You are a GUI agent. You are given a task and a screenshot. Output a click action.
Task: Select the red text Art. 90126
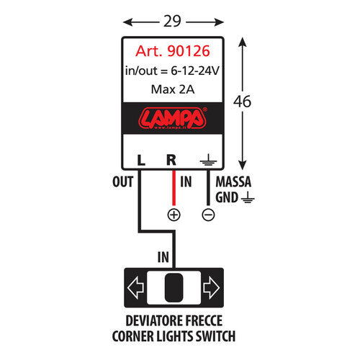tap(171, 52)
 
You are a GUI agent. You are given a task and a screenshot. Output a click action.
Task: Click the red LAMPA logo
tap(171, 117)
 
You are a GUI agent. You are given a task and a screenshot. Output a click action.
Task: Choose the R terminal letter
tap(171, 160)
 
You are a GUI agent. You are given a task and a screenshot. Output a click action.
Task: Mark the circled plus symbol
tap(173, 214)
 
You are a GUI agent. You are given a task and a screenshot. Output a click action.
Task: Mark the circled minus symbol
tap(208, 214)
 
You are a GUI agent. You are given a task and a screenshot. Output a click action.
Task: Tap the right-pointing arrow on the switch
tap(210, 289)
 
